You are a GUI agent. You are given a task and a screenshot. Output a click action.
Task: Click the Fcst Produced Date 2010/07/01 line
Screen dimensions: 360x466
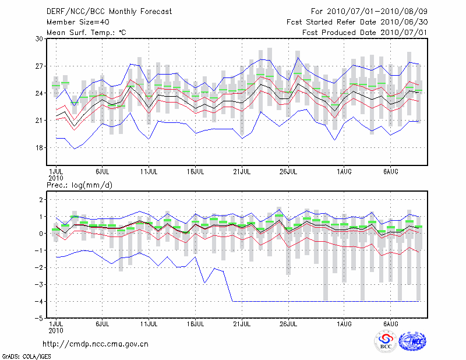365,32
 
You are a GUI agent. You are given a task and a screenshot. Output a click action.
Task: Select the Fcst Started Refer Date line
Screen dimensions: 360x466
357,22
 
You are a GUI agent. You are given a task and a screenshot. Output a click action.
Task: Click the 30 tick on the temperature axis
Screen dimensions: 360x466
40,38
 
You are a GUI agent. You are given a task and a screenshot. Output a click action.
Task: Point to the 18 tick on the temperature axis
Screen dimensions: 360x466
40,148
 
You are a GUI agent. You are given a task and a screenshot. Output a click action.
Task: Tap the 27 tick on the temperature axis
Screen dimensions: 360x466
40,66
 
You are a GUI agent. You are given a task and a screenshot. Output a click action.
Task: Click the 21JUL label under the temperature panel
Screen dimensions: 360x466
242,172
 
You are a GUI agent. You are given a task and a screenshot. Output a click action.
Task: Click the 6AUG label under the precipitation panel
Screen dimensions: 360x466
391,323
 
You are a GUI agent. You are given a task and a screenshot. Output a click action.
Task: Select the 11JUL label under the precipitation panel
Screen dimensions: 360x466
149,323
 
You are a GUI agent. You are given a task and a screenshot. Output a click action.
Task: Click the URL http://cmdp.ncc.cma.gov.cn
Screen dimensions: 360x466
96,344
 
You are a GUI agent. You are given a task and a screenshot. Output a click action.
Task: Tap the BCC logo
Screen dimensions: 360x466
386,342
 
